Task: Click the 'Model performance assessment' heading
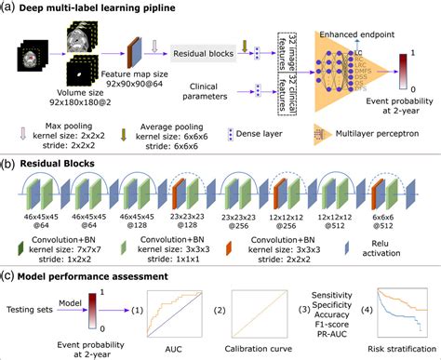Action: pyautogui.click(x=100, y=275)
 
